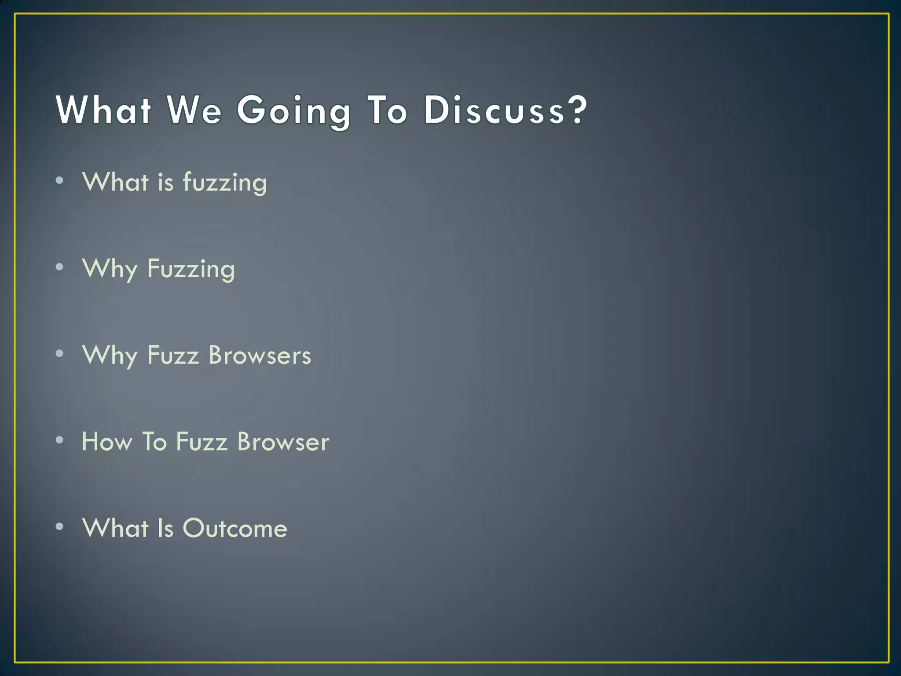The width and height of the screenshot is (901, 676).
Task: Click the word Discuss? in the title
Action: click(505, 110)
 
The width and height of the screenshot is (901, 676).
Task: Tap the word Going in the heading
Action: click(294, 111)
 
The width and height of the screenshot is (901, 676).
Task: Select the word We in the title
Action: click(194, 110)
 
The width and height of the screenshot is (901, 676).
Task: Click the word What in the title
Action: click(104, 110)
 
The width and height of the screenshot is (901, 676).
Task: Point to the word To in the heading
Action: click(388, 110)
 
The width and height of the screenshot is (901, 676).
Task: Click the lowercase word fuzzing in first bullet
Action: click(225, 182)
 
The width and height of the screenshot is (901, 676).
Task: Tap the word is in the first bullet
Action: click(166, 182)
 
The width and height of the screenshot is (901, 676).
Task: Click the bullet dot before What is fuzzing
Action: click(60, 180)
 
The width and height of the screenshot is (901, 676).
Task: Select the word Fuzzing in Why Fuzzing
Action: click(191, 269)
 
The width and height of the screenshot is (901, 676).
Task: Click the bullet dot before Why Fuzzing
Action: click(60, 267)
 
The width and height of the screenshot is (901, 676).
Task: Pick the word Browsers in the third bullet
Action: click(260, 355)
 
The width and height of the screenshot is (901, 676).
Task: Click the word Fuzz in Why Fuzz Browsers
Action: click(173, 355)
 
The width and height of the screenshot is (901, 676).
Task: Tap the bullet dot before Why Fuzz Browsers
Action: click(60, 353)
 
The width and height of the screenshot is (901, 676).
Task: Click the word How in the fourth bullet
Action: click(107, 441)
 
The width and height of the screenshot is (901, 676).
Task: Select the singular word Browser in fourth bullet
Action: click(283, 441)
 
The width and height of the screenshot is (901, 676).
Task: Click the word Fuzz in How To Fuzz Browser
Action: click(201, 441)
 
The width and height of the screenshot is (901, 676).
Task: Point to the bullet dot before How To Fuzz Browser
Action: click(60, 440)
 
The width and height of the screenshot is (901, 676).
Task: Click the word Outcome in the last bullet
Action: click(235, 528)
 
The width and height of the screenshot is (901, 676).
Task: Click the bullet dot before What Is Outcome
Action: click(60, 526)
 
